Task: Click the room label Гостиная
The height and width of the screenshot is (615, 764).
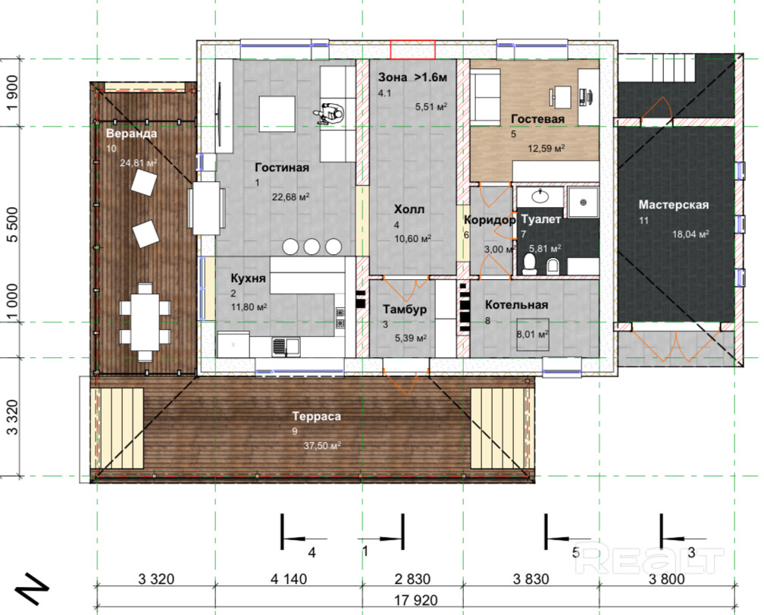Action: click(x=282, y=168)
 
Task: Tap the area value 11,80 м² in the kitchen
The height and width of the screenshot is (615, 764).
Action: click(x=249, y=307)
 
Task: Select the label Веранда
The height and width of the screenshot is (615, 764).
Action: click(x=132, y=133)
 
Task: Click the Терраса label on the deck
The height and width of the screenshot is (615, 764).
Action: click(x=317, y=416)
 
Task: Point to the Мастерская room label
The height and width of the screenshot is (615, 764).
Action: click(x=673, y=206)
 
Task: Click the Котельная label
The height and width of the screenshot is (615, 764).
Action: click(x=516, y=305)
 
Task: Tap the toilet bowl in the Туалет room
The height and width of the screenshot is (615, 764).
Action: click(x=529, y=264)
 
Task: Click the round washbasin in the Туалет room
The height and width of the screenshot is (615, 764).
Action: click(x=540, y=196)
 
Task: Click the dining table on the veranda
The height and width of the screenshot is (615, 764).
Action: click(x=146, y=322)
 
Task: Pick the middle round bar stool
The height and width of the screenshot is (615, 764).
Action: click(x=312, y=246)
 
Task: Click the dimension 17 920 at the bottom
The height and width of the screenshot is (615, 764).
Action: click(x=415, y=601)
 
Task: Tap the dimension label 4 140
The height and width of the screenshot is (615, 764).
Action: click(x=289, y=579)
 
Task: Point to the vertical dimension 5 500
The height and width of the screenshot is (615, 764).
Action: click(x=12, y=224)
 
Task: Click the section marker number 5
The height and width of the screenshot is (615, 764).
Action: click(x=575, y=553)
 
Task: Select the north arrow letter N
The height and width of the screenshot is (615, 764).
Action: click(x=33, y=589)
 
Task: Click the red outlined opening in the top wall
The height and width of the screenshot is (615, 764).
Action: click(x=412, y=50)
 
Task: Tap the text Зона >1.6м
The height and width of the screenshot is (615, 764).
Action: click(x=412, y=77)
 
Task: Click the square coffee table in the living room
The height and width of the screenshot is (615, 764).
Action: click(x=277, y=114)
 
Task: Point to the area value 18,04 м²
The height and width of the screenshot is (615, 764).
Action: click(x=690, y=234)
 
